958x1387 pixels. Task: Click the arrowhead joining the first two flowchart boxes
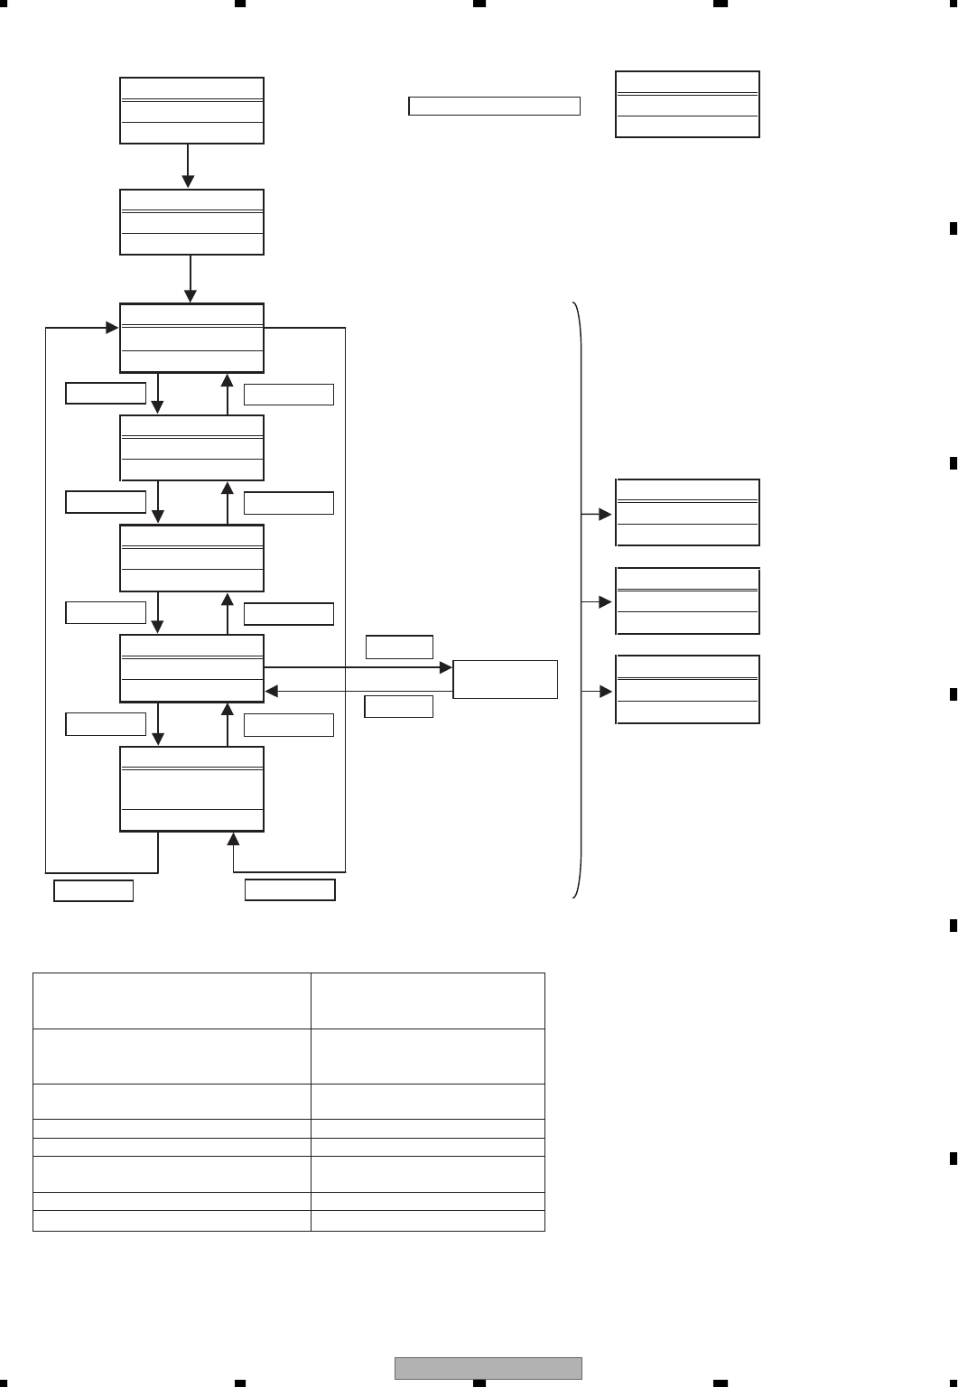pyautogui.click(x=188, y=182)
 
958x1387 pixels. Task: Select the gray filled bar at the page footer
pyautogui.click(x=488, y=1368)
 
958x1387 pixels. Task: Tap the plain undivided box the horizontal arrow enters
pyautogui.click(x=505, y=679)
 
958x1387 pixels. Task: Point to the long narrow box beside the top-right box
pyautogui.click(x=494, y=107)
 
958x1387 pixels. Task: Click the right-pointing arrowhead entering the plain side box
pyautogui.click(x=446, y=667)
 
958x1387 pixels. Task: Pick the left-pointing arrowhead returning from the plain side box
pyautogui.click(x=271, y=692)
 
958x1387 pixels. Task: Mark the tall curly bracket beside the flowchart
pyautogui.click(x=579, y=600)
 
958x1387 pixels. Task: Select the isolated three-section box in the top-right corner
pyautogui.click(x=687, y=105)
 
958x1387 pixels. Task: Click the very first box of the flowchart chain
pyautogui.click(x=191, y=111)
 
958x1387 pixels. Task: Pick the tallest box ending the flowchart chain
pyautogui.click(x=191, y=788)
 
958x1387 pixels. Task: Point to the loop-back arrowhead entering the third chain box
pyautogui.click(x=112, y=328)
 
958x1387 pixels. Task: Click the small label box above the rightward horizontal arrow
pyautogui.click(x=399, y=647)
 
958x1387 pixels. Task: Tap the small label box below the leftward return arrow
pyautogui.click(x=398, y=706)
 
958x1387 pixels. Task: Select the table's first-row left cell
pyautogui.click(x=172, y=1001)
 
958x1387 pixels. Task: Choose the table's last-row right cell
pyautogui.click(x=428, y=1221)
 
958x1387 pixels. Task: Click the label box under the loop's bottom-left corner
pyautogui.click(x=94, y=890)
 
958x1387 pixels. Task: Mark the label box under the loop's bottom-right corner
pyautogui.click(x=290, y=890)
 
